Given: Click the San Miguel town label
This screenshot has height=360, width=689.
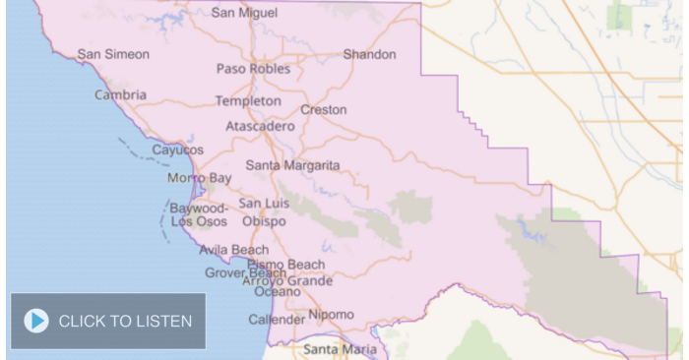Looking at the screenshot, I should click(244, 13).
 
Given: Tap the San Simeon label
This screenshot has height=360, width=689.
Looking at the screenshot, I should click(114, 54).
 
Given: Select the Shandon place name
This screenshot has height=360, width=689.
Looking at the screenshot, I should click(369, 54).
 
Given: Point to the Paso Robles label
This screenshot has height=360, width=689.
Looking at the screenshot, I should click(253, 69).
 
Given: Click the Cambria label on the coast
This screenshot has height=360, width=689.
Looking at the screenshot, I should click(120, 95).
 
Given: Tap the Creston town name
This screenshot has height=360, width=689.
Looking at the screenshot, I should click(324, 109).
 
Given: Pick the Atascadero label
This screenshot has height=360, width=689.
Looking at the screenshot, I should click(260, 127).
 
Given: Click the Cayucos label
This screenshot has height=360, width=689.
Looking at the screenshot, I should click(177, 150).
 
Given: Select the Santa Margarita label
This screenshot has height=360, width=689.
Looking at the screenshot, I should click(292, 165).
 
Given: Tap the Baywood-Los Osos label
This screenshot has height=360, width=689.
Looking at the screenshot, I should click(199, 214).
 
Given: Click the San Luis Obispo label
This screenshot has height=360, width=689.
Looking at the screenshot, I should click(263, 211).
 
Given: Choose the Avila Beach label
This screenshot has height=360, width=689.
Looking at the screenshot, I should click(233, 250).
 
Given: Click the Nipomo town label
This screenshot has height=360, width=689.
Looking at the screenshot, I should click(331, 315).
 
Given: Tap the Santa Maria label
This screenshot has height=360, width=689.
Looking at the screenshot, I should click(340, 348).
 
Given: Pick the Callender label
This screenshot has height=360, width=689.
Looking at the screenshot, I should click(276, 320).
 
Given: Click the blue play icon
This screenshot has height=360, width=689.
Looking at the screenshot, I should click(36, 321).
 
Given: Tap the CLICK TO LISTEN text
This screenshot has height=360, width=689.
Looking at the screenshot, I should click(125, 321).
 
